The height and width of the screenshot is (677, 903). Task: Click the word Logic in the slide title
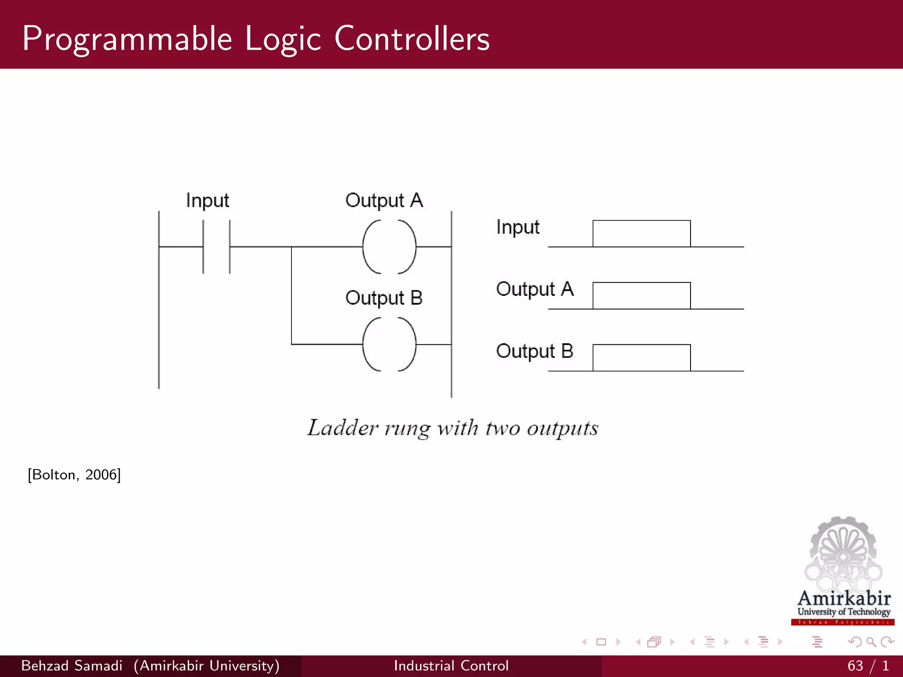coord(283,40)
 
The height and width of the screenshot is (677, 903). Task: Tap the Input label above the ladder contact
coord(207,201)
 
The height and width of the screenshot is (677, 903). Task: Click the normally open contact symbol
coord(216,247)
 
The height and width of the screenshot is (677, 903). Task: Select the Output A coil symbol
coord(389,247)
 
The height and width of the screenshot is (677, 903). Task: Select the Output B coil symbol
coord(389,344)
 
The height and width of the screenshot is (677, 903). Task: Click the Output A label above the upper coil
coord(384,201)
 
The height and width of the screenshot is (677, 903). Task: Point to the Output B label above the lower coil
coord(384,298)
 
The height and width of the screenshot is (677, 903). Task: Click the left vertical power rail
coord(159,309)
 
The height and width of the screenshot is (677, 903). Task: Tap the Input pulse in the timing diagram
coord(641,234)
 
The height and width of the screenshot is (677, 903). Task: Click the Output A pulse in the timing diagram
coord(641,296)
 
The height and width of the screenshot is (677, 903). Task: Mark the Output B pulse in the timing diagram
coord(641,358)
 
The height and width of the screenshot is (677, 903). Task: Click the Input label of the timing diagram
coord(518,227)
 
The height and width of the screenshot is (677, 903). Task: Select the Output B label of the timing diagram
coord(534,351)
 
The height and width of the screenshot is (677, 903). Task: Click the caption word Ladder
coord(343,428)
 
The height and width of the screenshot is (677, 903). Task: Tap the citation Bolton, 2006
coord(74,475)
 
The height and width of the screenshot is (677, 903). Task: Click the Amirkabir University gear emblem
coord(843,553)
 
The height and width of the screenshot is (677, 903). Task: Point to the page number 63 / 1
coord(867,666)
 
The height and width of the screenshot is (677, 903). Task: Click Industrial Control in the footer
coord(451,666)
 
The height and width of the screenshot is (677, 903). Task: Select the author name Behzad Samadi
coord(71,666)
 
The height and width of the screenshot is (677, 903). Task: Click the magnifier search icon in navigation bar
coord(871,642)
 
